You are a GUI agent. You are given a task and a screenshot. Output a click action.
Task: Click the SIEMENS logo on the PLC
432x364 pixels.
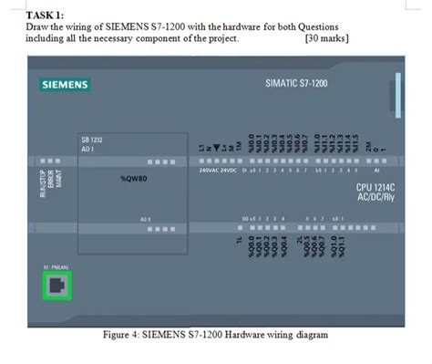(x=66, y=85)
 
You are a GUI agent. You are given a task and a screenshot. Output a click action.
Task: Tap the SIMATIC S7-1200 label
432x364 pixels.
(x=296, y=83)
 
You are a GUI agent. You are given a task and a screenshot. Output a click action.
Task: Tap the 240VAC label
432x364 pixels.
(x=211, y=171)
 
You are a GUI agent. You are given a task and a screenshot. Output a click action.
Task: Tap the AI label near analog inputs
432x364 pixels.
(x=376, y=171)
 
